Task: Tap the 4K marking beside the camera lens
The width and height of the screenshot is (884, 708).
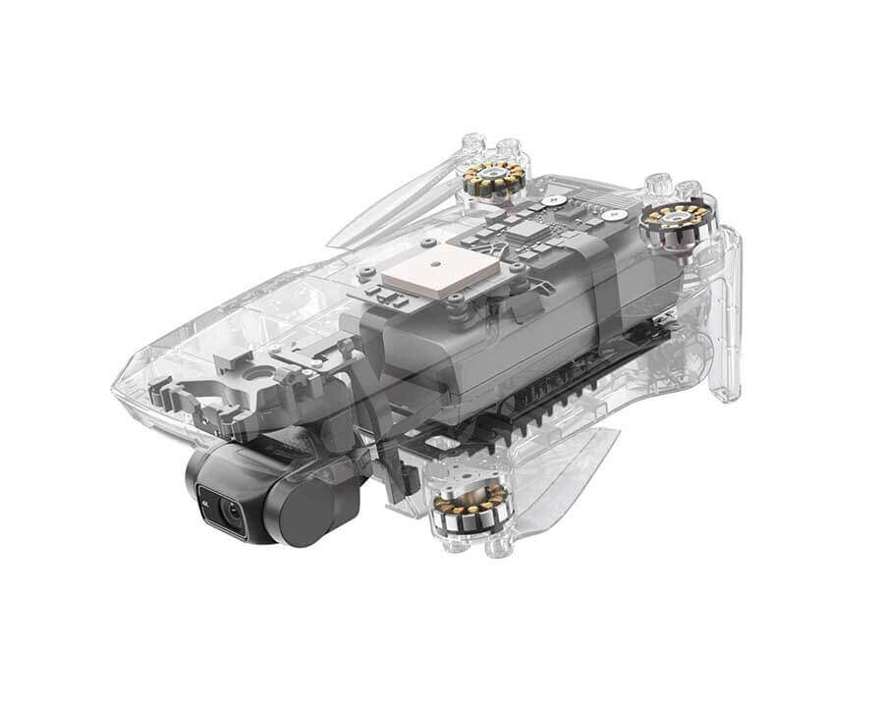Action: [204, 496]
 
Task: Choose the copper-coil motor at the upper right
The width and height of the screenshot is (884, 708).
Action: [670, 222]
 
